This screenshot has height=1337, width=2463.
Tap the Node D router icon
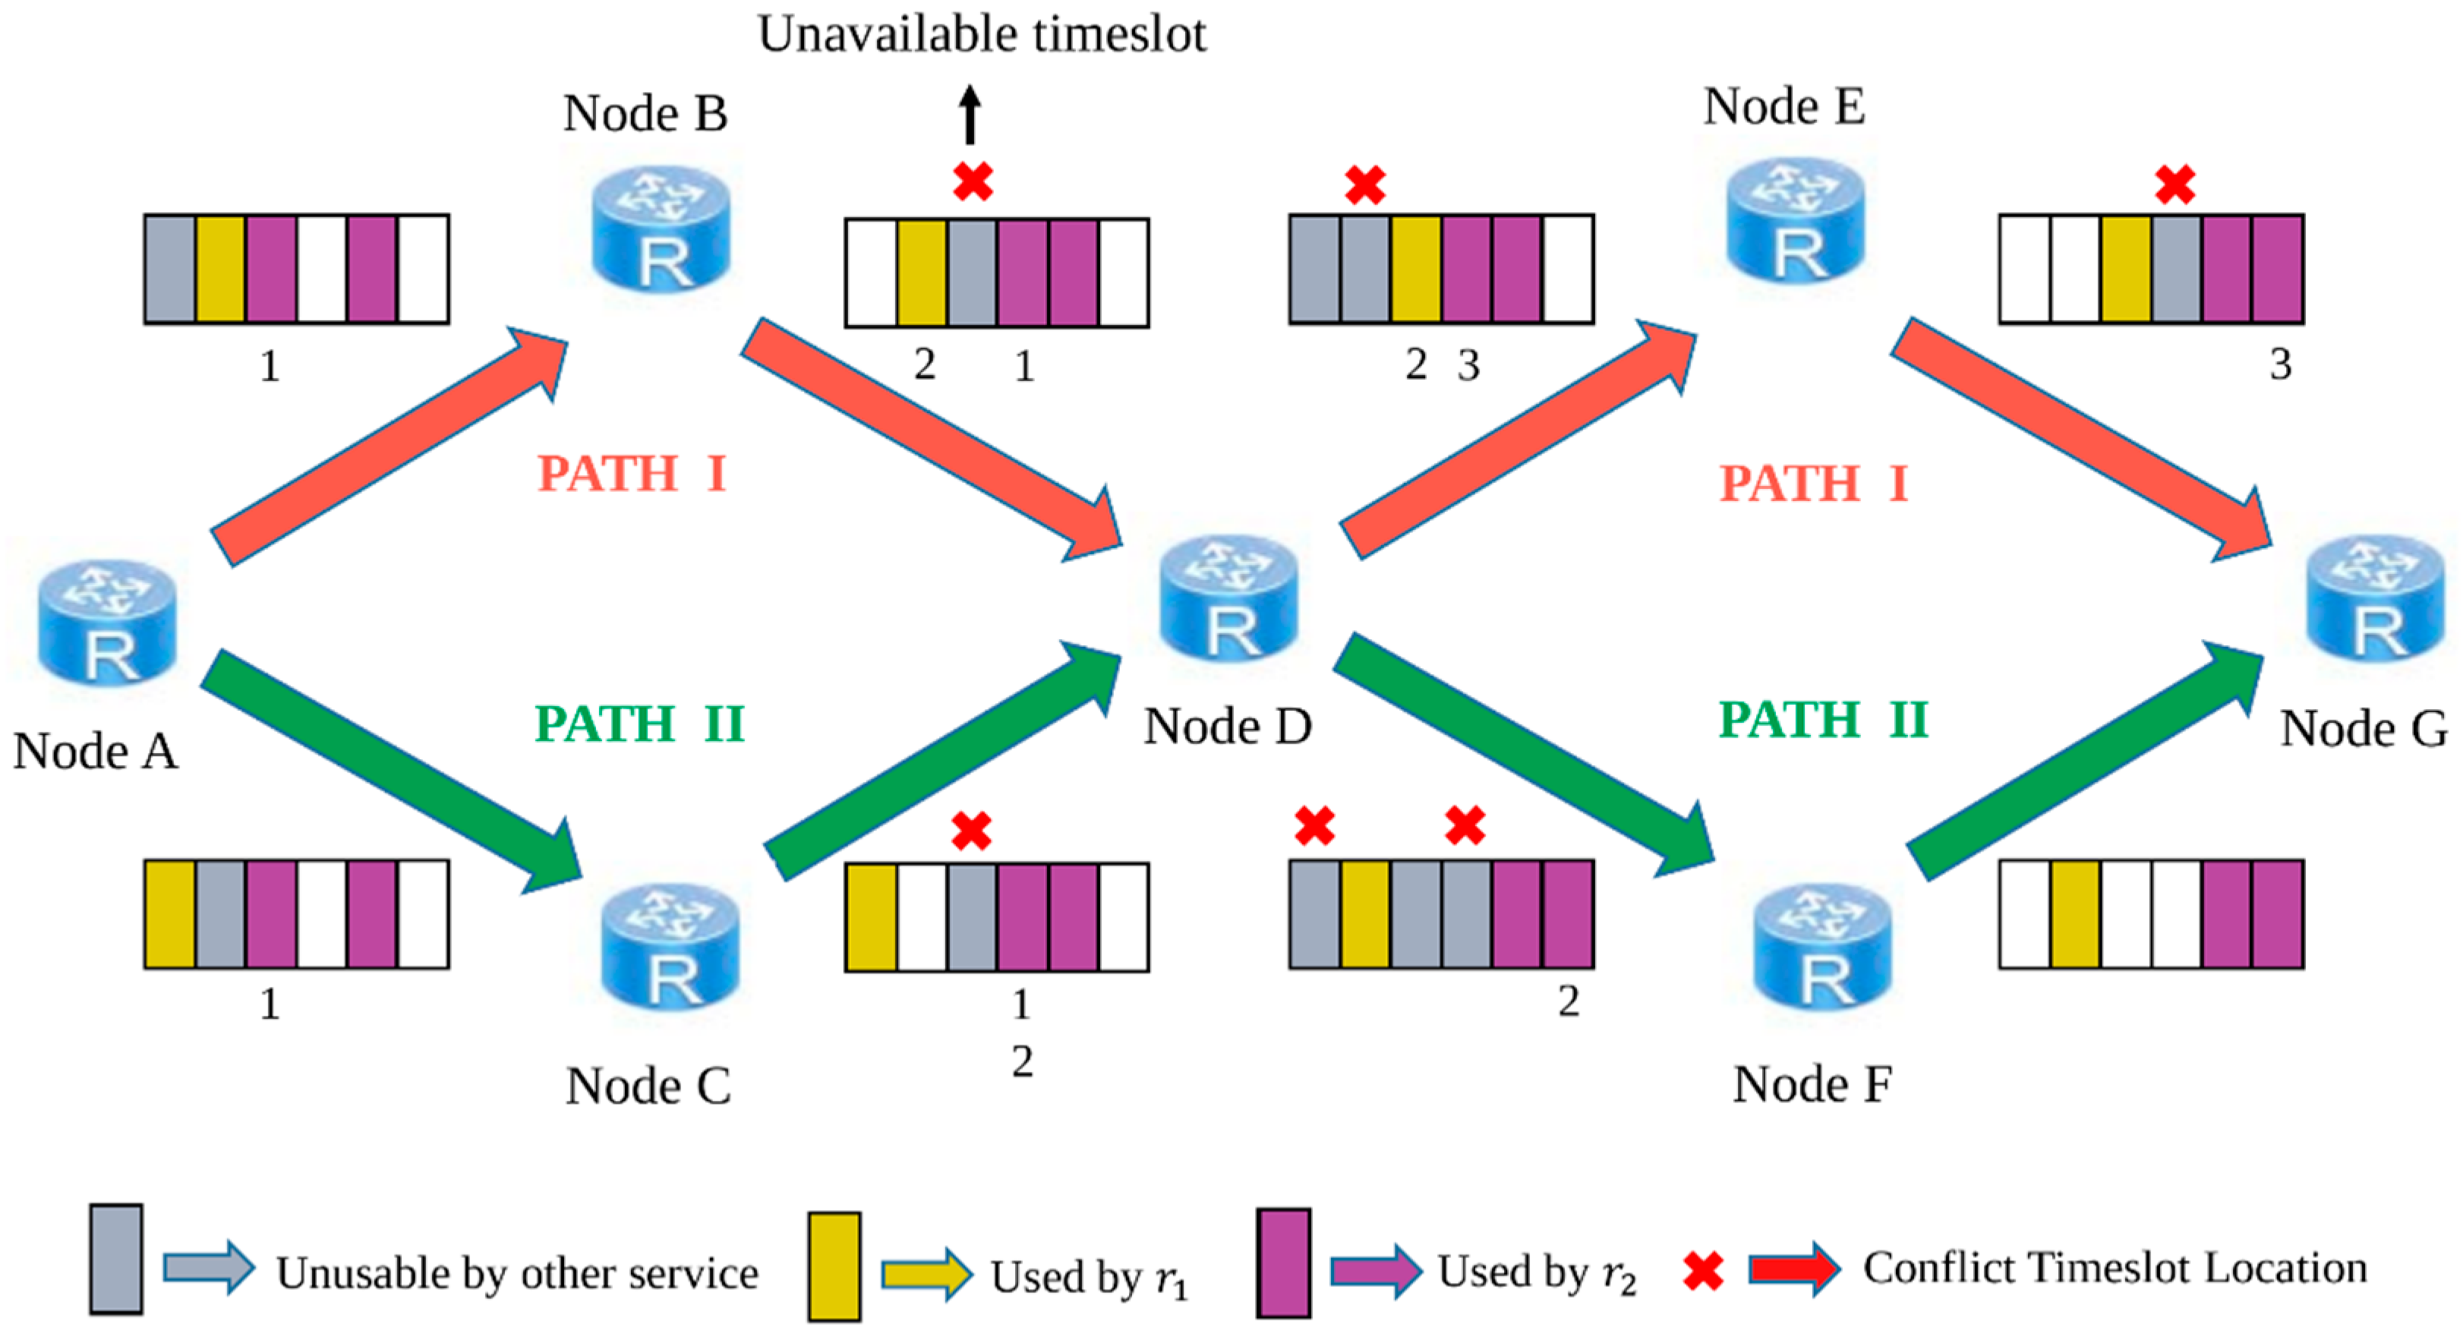tap(1228, 598)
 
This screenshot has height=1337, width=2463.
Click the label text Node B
tap(645, 113)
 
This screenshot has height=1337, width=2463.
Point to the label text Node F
tap(1812, 1084)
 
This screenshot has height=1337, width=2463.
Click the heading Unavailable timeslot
tap(982, 34)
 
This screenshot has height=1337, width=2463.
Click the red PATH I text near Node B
tap(631, 474)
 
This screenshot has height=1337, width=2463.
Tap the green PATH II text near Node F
tap(1824, 719)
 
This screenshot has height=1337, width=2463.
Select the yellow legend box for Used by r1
tap(834, 1266)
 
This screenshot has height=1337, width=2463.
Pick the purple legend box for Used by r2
tap(1283, 1263)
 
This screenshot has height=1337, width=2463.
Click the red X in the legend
tap(1703, 1271)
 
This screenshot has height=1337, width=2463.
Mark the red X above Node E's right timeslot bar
tap(2175, 184)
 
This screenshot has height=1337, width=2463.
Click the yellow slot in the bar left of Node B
tap(221, 269)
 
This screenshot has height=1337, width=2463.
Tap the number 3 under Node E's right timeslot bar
tap(2280, 364)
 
